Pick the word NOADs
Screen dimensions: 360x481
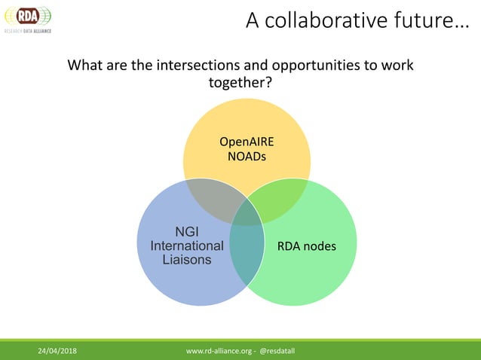(x=247, y=156)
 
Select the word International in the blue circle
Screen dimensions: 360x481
(x=187, y=246)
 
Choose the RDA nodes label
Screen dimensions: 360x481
(x=306, y=246)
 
